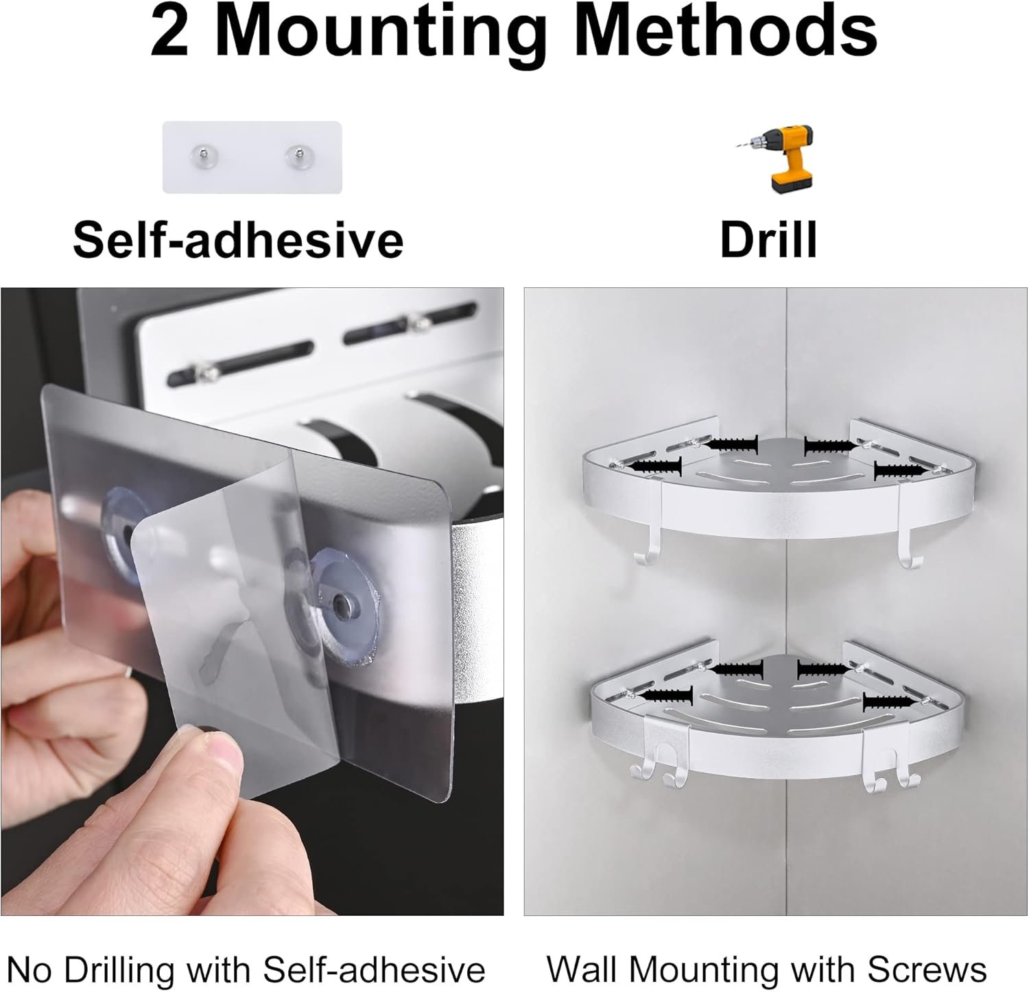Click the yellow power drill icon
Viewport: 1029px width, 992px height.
[774, 159]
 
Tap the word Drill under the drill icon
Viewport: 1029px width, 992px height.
[768, 239]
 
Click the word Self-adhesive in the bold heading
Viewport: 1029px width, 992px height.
[237, 239]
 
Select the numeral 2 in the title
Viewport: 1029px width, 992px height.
[169, 32]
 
